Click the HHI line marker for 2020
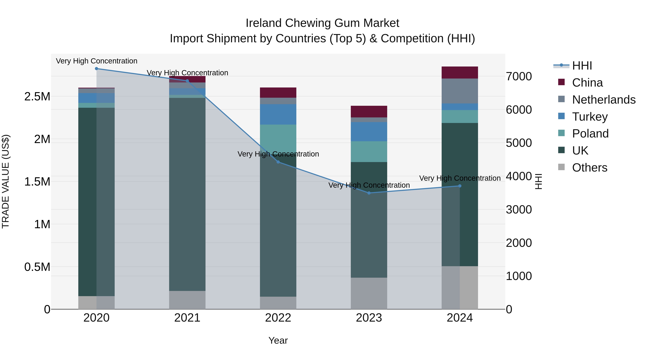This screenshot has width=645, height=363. pos(96,69)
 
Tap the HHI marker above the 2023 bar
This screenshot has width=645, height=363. pos(369,193)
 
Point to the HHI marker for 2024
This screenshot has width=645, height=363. pos(460,186)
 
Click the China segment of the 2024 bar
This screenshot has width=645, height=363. pos(460,73)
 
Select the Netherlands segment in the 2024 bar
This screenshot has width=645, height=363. pos(460,91)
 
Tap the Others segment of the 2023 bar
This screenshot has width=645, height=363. pos(369,293)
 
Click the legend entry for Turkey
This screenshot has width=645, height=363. pos(590,117)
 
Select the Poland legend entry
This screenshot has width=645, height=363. pos(590,134)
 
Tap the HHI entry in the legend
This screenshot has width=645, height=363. pos(582,66)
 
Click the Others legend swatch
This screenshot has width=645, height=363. pos(562,167)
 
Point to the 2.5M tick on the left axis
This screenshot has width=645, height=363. pos(37,97)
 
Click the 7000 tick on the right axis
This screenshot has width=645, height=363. pos(519,76)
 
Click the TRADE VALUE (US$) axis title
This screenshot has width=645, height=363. pos(6,181)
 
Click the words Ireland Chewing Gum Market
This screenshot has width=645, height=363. pos(322,23)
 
